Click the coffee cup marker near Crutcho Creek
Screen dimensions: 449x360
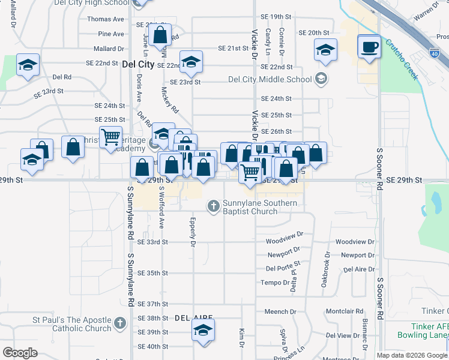coord(369,47)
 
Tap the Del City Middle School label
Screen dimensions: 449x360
coord(271,79)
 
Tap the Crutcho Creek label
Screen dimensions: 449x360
coord(402,59)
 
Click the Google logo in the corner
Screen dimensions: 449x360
coord(20,353)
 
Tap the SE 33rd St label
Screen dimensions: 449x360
coord(152,242)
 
